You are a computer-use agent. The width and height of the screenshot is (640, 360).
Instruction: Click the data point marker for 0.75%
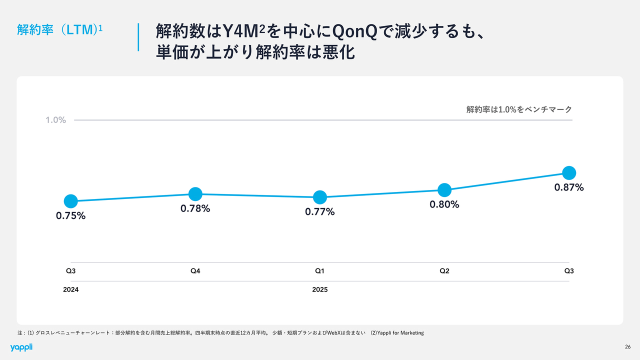tap(71, 201)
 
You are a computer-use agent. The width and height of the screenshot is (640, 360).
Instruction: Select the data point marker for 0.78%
tap(195, 193)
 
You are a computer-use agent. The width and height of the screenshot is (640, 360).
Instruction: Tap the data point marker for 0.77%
tap(320, 197)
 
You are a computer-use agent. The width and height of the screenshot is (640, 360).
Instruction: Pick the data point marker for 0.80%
tap(444, 189)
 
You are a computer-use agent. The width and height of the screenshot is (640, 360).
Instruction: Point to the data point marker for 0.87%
tap(569, 172)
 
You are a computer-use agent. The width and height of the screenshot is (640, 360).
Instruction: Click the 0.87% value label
tap(569, 188)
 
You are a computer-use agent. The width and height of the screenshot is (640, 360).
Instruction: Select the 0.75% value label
tap(71, 216)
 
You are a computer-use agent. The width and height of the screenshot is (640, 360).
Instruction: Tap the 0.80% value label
tap(444, 204)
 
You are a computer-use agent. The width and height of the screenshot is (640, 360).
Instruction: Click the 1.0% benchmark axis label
tap(56, 120)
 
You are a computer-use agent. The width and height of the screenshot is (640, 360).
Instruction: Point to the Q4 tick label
tap(195, 271)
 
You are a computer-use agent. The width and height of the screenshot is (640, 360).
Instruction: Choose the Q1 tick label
tap(320, 271)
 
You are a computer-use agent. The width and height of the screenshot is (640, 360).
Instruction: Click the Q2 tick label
tap(444, 271)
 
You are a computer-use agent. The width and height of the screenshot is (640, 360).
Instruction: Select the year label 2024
tap(71, 289)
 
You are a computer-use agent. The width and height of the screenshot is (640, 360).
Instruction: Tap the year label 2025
tap(320, 289)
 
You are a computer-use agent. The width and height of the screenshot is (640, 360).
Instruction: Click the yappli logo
tap(21, 347)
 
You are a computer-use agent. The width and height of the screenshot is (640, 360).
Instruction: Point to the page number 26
tap(627, 347)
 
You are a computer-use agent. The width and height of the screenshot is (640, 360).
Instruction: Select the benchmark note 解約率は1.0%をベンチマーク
tap(519, 109)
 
